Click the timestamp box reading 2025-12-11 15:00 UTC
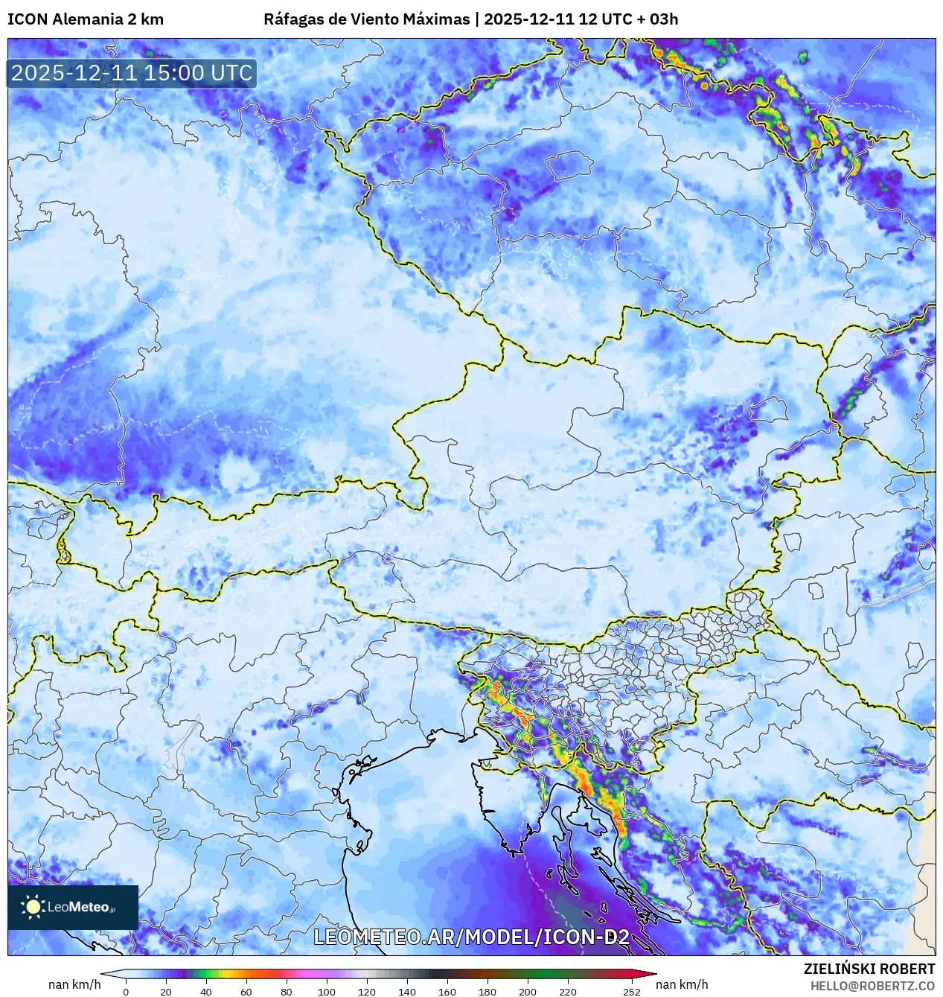pyautogui.click(x=132, y=73)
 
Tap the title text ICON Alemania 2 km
pyautogui.click(x=86, y=19)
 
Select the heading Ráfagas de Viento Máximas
pyautogui.click(x=367, y=19)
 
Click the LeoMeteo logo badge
pyautogui.click(x=73, y=907)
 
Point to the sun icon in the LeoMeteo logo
pyautogui.click(x=33, y=906)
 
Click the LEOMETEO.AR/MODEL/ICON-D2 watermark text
pyautogui.click(x=472, y=937)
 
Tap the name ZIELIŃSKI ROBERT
pyautogui.click(x=869, y=969)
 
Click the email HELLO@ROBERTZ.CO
pyautogui.click(x=872, y=986)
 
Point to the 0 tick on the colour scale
pyautogui.click(x=126, y=992)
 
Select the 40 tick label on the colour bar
pyautogui.click(x=206, y=992)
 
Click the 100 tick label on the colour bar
pyautogui.click(x=327, y=992)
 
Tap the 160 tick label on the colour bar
pyautogui.click(x=447, y=992)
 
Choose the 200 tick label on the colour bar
pyautogui.click(x=528, y=992)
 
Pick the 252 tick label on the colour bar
pyautogui.click(x=632, y=992)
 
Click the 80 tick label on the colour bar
pyautogui.click(x=287, y=992)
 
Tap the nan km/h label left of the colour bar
pyautogui.click(x=74, y=984)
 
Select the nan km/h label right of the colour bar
pyautogui.click(x=682, y=984)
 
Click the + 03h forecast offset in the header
pyautogui.click(x=658, y=19)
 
